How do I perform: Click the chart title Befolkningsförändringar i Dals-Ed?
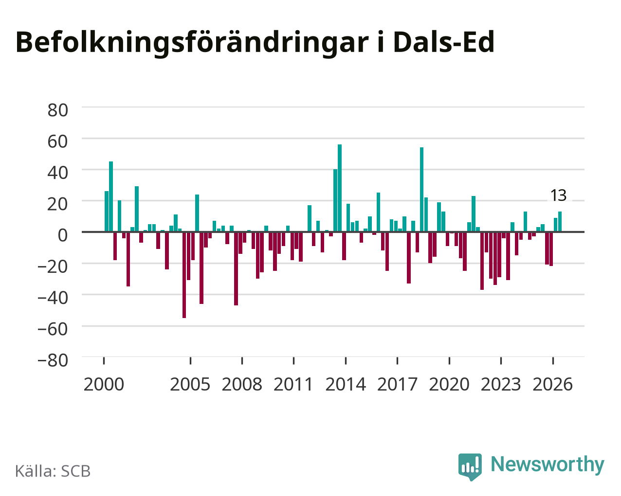(255, 42)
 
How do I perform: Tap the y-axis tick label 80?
(58, 110)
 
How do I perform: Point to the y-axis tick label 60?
(58, 142)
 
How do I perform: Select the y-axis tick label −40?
(53, 298)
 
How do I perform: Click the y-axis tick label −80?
(53, 360)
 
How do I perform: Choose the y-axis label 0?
(63, 235)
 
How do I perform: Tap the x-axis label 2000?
(104, 384)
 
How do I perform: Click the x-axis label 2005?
(190, 384)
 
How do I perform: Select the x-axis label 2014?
(346, 384)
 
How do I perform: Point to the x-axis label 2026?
(552, 384)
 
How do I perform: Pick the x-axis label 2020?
(449, 384)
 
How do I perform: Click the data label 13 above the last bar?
(558, 195)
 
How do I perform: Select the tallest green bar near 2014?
(340, 188)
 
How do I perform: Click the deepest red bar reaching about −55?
(184, 275)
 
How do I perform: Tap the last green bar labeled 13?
(560, 221)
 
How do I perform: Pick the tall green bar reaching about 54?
(421, 190)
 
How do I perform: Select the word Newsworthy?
(548, 464)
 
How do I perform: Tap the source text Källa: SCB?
(53, 471)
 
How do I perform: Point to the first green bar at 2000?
(107, 212)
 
